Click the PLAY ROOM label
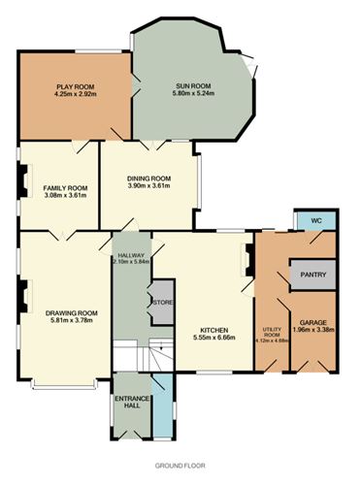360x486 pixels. point(76,86)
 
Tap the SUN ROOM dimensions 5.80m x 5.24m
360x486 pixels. point(193,93)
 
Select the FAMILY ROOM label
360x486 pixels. point(65,188)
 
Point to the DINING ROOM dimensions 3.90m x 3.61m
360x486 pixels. point(148,185)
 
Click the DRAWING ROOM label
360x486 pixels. point(72,313)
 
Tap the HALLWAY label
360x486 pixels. point(131,255)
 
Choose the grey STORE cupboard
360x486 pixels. point(163,302)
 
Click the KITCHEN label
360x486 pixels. point(214,330)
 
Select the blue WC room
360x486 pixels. point(316,220)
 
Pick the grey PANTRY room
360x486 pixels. point(313,275)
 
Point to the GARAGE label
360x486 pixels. point(313,323)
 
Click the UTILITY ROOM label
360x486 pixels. point(272,332)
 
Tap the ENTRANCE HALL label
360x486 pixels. point(132,402)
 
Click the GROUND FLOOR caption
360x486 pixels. point(180,466)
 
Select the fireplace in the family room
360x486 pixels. point(24,180)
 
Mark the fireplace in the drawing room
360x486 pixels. point(24,296)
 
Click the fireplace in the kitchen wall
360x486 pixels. point(247,260)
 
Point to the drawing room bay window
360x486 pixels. point(64,384)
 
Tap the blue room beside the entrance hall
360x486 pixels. point(163,405)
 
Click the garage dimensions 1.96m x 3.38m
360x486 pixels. point(313,330)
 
